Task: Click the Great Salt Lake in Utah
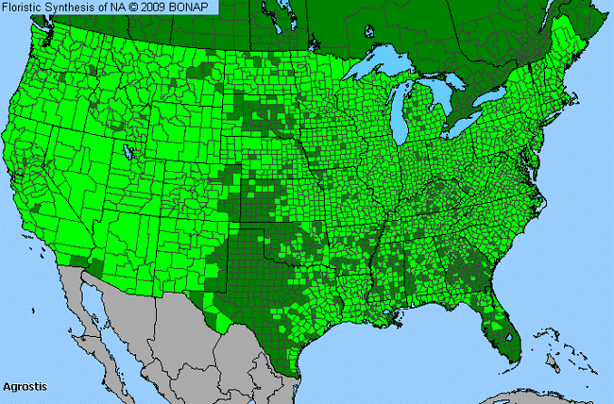[126, 151]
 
